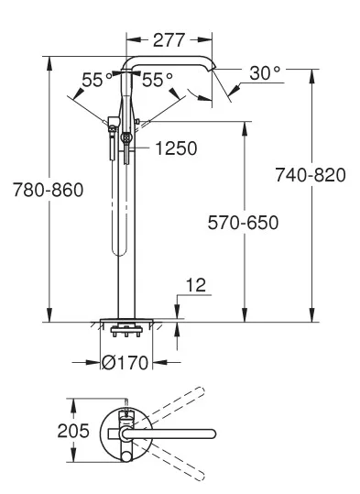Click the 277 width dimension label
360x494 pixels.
[169, 40]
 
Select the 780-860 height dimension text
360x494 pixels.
[49, 190]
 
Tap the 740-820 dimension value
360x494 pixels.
[311, 175]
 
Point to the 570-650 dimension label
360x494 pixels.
[243, 223]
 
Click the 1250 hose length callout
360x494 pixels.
[177, 148]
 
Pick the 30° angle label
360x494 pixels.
[265, 73]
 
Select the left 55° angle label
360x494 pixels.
[97, 80]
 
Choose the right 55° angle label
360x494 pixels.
[158, 80]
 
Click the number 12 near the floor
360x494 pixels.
[196, 285]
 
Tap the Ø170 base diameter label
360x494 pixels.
[125, 362]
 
